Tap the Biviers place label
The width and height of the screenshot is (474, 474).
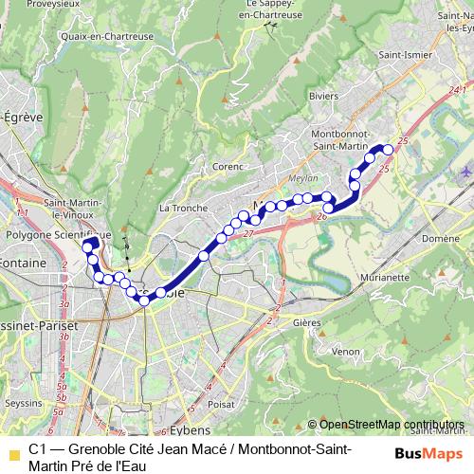coord(323,95)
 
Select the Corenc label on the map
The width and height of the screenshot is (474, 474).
coord(228,166)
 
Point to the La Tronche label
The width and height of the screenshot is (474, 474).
coord(176,208)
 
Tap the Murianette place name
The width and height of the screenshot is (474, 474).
coord(384,278)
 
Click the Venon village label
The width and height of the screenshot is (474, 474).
coord(345,352)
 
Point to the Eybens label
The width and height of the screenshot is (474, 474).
coord(192,404)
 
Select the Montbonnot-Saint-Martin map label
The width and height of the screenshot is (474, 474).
coord(338,138)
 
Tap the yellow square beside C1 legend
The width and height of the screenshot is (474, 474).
coord(13,456)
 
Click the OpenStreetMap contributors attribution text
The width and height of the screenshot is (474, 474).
coord(392,425)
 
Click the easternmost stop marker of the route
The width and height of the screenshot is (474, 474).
coord(388,150)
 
